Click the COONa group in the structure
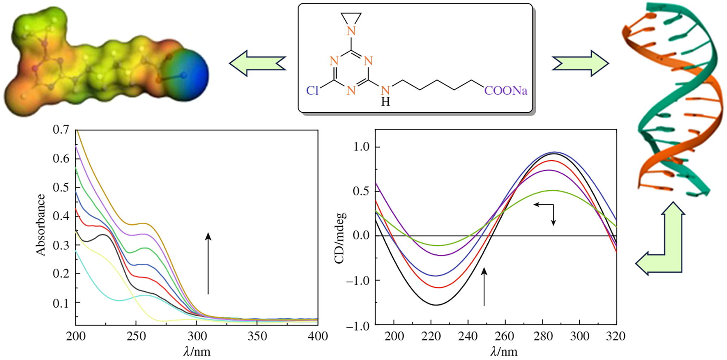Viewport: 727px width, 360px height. (506, 91)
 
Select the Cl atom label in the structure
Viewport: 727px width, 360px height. (312, 91)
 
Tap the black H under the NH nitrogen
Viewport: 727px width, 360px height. (385, 102)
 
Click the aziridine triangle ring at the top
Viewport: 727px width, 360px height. (352, 17)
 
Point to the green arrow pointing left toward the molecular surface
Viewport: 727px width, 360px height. (257, 63)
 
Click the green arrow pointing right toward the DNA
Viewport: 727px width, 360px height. (580, 63)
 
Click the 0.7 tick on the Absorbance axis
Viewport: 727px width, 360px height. (61, 130)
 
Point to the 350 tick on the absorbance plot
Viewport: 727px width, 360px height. (257, 336)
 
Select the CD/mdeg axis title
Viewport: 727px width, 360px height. (340, 238)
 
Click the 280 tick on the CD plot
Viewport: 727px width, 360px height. (542, 336)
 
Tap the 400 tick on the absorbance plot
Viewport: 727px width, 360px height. (318, 336)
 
